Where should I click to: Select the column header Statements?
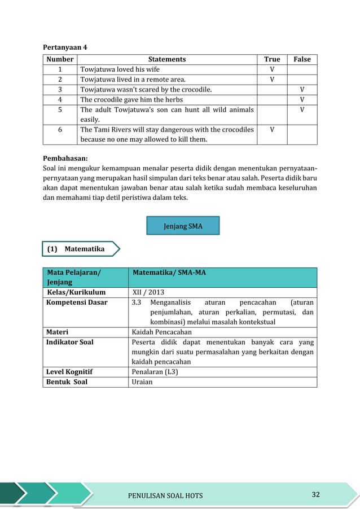pos(166,59)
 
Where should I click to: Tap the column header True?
pos(272,59)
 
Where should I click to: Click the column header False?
pos(302,59)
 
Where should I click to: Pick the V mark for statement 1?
pos(272,69)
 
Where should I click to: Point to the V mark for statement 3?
pos(302,90)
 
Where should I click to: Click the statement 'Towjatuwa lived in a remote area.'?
pos(133,80)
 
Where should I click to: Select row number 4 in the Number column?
pos(60,100)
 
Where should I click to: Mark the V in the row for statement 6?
pos(272,130)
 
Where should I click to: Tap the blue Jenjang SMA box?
pos(183,226)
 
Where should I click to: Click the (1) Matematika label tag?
pos(81,249)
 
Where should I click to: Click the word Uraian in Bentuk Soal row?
pos(142,382)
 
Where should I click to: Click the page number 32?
pos(315,495)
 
